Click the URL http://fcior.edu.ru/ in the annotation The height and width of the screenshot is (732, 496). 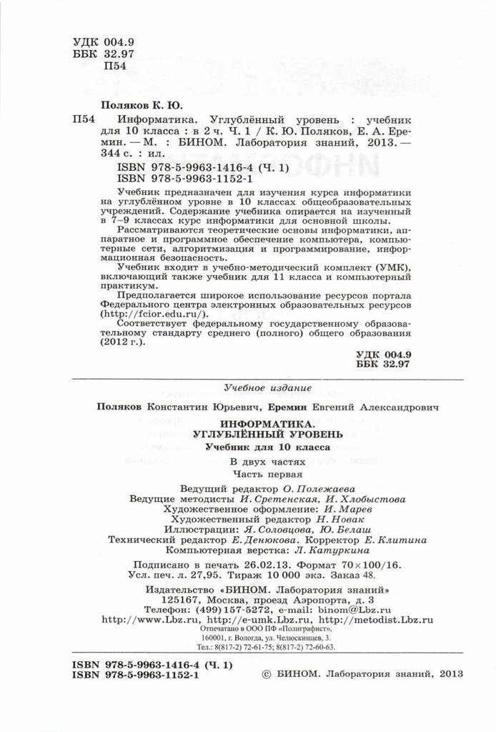pyautogui.click(x=152, y=313)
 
